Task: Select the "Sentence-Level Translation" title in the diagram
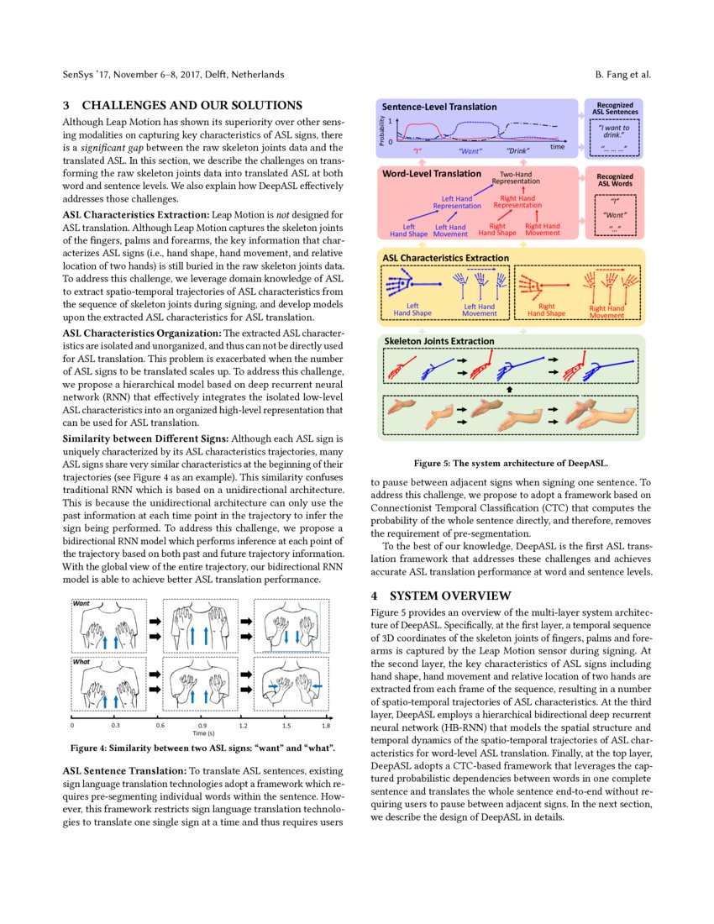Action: pos(439,108)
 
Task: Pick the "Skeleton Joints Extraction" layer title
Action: pos(438,341)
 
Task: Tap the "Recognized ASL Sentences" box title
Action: pos(615,108)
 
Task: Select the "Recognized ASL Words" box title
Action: pos(615,181)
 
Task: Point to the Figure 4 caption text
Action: pos(202,748)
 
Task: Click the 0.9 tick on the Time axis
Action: pos(202,724)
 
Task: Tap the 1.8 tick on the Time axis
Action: pos(325,724)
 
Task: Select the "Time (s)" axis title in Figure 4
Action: pos(202,732)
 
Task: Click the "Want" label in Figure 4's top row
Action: pos(82,603)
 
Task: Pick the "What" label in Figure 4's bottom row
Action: pos(82,661)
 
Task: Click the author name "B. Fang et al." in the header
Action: pos(622,75)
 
